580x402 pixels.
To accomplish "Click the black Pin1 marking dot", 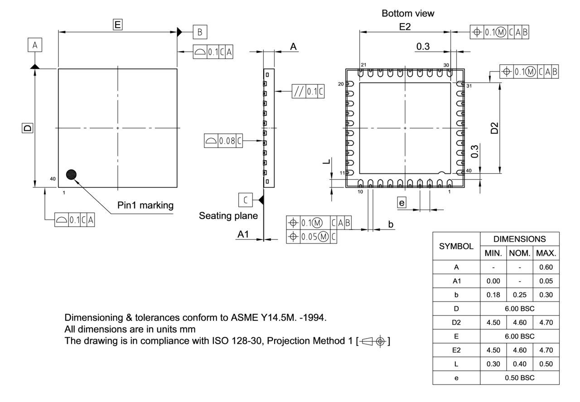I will [71, 174].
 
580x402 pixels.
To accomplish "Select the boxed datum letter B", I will [200, 32].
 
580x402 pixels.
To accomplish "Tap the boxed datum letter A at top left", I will [35, 45].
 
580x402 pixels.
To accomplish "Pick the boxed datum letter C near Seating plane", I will [245, 199].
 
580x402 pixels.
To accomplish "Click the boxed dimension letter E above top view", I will [117, 25].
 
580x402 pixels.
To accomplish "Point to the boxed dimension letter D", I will [28, 128].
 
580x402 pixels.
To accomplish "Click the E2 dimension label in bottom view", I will [405, 27].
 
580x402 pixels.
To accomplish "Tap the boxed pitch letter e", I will [401, 203].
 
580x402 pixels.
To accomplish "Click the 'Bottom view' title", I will [408, 14].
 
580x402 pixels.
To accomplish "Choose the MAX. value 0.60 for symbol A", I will [546, 267].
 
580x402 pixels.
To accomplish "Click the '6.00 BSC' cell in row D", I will [519, 309].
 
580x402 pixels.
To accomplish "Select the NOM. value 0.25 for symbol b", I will [519, 295].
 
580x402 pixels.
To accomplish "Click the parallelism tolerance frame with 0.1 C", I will [308, 91].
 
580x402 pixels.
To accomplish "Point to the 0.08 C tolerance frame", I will [223, 141].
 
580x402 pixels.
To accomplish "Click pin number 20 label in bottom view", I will [341, 84].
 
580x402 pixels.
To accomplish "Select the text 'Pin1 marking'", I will [145, 205].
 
